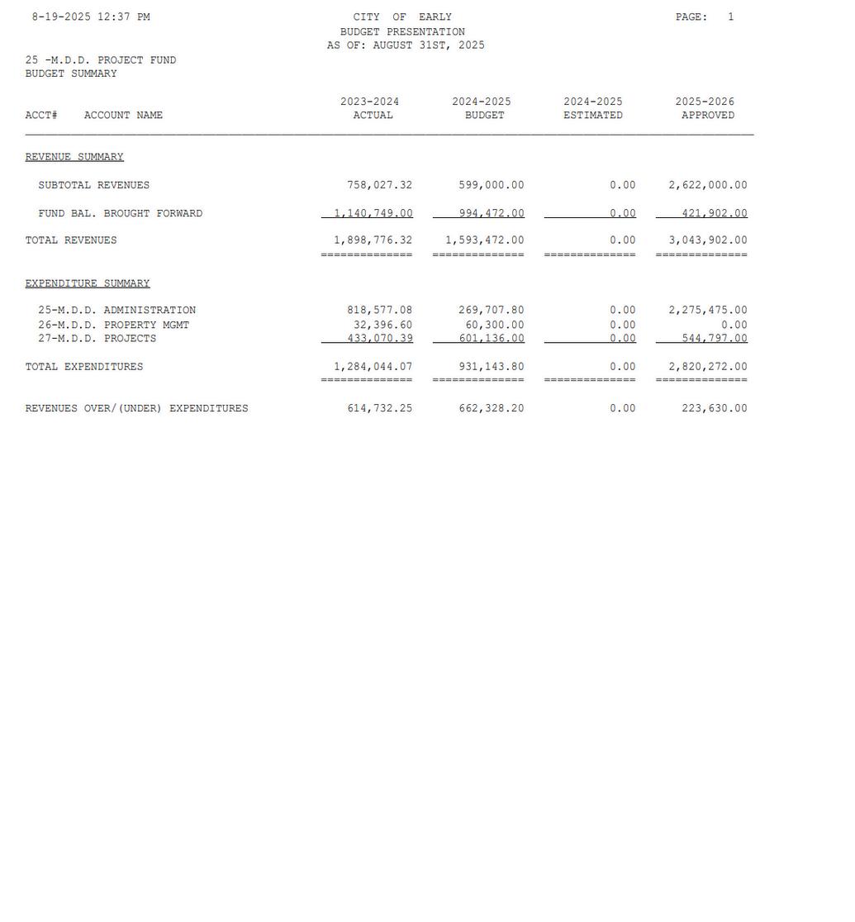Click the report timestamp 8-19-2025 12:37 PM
click(x=91, y=17)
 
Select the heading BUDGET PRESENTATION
click(x=402, y=31)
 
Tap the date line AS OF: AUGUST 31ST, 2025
click(x=406, y=45)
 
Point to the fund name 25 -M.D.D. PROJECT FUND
click(x=101, y=60)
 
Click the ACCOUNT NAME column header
click(x=123, y=116)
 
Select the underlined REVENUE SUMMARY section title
click(x=74, y=157)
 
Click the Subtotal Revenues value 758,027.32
click(x=379, y=185)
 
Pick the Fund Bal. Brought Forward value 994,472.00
click(x=491, y=213)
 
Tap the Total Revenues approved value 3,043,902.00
click(x=707, y=240)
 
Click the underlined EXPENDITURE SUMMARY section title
click(x=88, y=283)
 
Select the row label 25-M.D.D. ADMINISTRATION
click(x=116, y=311)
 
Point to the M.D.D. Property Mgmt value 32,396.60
click(x=382, y=326)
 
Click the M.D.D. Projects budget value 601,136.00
click(x=491, y=339)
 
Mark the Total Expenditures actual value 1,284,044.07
click(x=373, y=367)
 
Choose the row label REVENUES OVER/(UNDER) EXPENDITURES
click(x=136, y=409)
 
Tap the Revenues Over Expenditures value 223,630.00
click(x=714, y=409)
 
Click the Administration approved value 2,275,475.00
click(x=707, y=311)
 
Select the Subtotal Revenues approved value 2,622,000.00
click(x=707, y=185)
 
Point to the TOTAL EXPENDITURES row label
click(x=84, y=367)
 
